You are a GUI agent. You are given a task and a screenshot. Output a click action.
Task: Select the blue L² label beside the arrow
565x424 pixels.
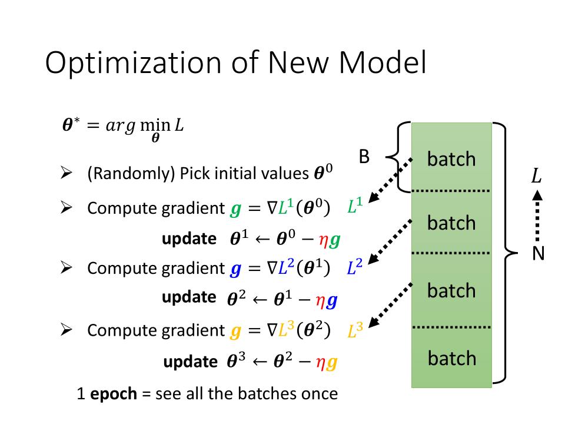coord(354,268)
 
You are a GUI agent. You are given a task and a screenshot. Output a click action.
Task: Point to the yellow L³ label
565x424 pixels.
coord(355,331)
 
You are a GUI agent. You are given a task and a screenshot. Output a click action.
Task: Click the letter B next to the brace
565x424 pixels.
coord(364,157)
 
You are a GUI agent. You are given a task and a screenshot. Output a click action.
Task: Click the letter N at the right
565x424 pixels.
coord(538,254)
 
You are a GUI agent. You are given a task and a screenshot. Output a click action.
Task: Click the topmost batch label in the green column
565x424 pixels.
coord(451,159)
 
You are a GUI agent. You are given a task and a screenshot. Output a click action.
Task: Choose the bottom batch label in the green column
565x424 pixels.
coord(451,358)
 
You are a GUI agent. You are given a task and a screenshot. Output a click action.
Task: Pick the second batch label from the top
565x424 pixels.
coord(451,223)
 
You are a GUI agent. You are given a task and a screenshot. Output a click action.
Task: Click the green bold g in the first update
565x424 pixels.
coord(335,239)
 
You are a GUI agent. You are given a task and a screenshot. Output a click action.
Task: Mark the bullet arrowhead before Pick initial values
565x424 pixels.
coord(66,174)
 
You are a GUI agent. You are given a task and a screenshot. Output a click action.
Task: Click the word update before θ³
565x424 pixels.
coord(190,362)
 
